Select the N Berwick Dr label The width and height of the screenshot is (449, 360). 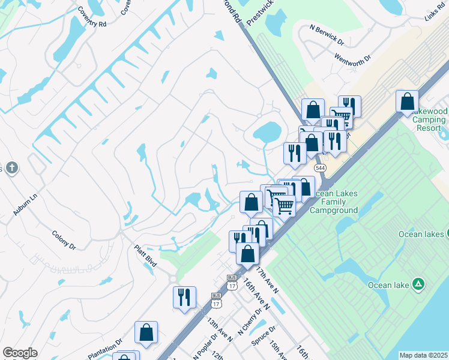click(327, 35)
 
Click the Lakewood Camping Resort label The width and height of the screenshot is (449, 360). click(429, 120)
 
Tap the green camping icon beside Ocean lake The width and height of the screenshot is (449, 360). click(419, 284)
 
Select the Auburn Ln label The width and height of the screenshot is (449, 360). click(25, 205)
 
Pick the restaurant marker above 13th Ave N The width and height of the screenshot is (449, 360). click(184, 297)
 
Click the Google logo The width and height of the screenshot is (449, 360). click(20, 353)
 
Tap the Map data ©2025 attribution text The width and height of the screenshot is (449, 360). click(423, 355)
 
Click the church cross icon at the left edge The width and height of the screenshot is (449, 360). click(10, 167)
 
